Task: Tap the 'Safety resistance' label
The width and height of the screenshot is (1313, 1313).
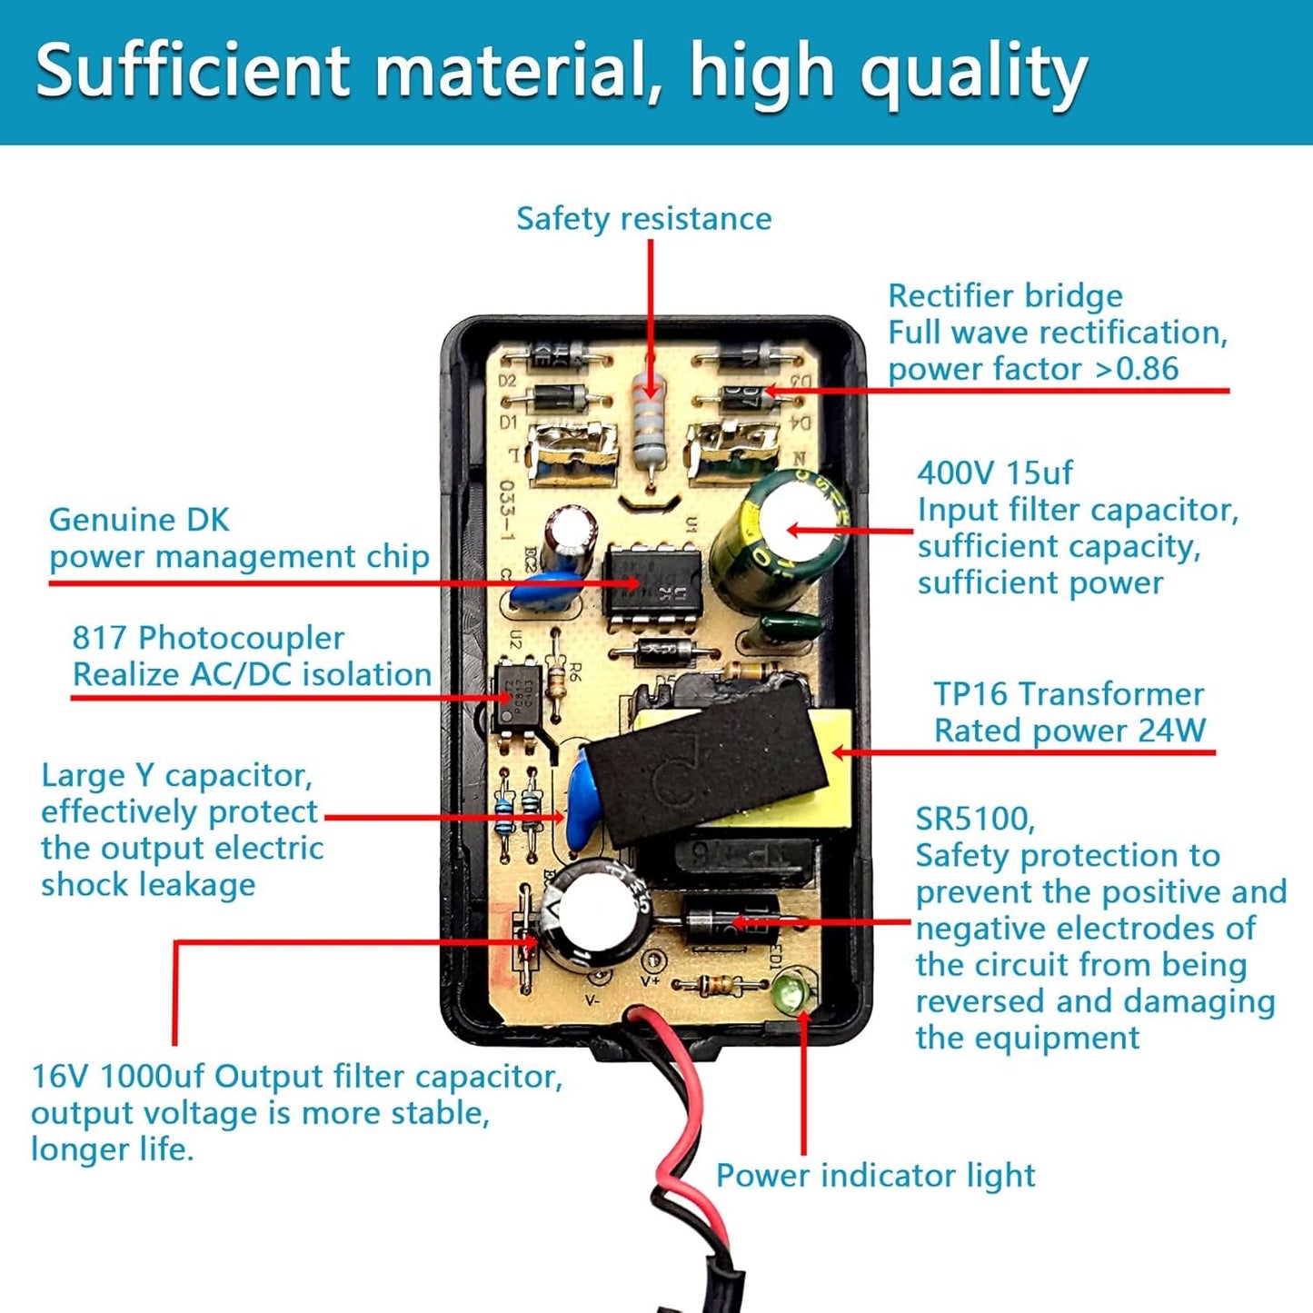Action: pos(643,219)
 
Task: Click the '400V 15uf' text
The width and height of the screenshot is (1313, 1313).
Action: pos(994,472)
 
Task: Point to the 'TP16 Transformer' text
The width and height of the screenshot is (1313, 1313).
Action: pos(1069,694)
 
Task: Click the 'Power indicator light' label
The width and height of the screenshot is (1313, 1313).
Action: pos(875,1175)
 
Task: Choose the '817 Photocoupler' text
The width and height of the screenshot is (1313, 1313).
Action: pos(208,638)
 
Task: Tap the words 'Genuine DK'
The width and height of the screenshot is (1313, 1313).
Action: pos(139,520)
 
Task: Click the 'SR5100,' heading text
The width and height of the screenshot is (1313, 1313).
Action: pos(975,819)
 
